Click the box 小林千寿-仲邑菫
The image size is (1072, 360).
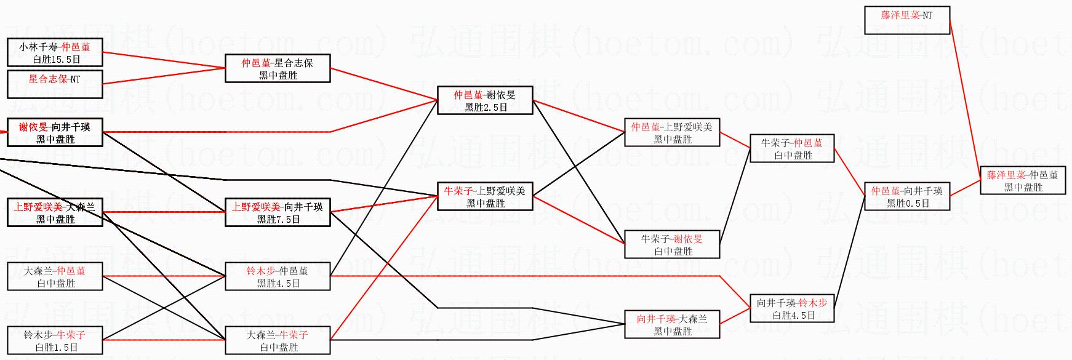[x=55, y=53]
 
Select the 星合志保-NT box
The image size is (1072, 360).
[x=55, y=84]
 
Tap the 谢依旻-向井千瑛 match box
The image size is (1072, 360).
[x=55, y=133]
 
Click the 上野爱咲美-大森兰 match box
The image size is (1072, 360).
[x=55, y=213]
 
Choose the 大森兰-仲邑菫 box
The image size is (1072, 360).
[x=55, y=277]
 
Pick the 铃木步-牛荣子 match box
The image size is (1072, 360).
[x=55, y=341]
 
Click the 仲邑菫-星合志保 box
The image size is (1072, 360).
[x=278, y=69]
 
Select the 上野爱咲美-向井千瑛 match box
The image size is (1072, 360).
[x=278, y=213]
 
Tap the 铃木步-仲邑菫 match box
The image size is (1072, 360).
[x=278, y=277]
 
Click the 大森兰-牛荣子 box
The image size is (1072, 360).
[x=278, y=341]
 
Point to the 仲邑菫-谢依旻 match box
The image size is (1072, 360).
[x=485, y=101]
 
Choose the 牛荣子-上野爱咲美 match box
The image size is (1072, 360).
[x=485, y=197]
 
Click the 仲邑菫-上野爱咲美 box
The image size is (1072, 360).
[x=672, y=133]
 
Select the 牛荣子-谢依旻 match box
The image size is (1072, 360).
[x=672, y=245]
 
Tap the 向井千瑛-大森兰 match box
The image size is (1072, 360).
[x=672, y=325]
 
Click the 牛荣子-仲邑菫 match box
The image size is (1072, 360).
[x=792, y=149]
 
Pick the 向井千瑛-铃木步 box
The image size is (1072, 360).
[x=792, y=309]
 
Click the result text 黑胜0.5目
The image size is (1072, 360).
[x=908, y=204]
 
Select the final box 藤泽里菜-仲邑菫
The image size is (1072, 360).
[x=1023, y=181]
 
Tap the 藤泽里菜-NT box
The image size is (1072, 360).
[x=907, y=20]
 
